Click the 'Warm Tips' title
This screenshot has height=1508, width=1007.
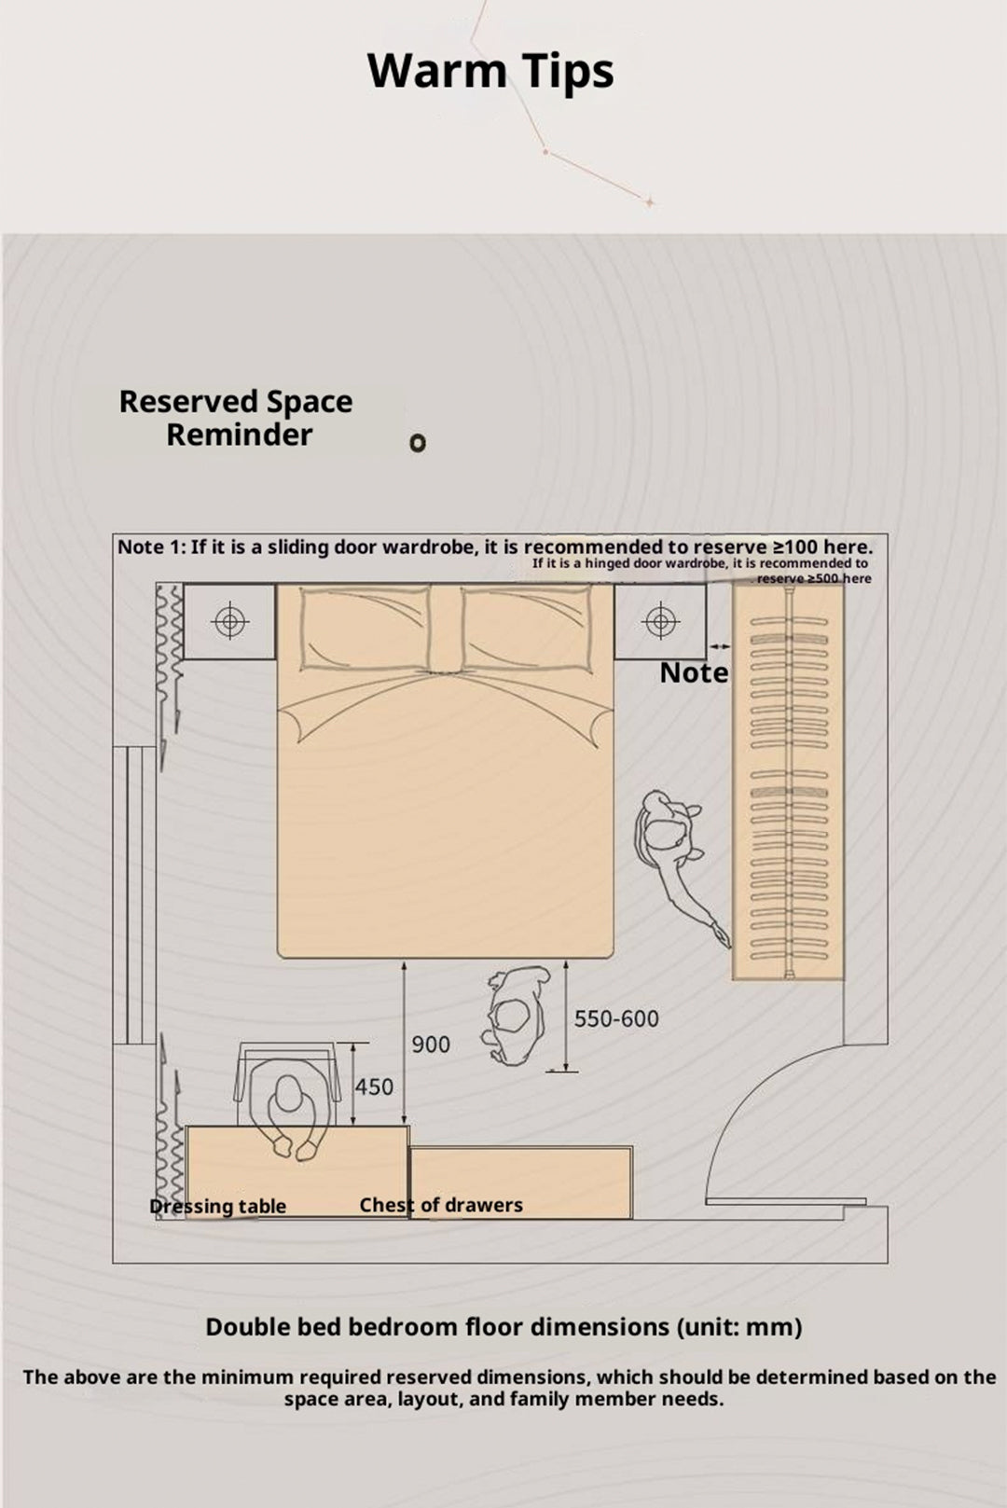pos(490,72)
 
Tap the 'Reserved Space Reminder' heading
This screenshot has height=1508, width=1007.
pos(236,418)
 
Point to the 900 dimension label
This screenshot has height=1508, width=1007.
pos(431,1045)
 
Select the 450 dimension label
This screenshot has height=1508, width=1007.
pos(374,1086)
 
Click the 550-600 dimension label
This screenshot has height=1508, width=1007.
pos(616,1018)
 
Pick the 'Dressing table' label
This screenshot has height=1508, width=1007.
pos(217,1207)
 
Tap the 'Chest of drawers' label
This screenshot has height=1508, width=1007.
pos(441,1204)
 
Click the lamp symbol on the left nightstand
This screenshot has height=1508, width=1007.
pos(230,621)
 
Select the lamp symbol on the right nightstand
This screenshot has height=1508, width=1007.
pos(660,621)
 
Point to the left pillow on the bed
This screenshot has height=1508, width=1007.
pos(366,628)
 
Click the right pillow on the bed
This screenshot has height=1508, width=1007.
pos(527,628)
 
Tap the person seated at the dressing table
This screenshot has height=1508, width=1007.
pos(289,1104)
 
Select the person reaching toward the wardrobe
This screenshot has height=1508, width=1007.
pos(677,865)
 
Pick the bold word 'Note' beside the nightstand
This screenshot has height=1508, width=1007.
pos(694,672)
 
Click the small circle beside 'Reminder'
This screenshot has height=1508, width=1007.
pos(418,443)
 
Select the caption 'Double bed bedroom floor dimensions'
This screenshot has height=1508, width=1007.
pos(437,1327)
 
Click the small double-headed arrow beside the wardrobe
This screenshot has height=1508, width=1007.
pos(720,646)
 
